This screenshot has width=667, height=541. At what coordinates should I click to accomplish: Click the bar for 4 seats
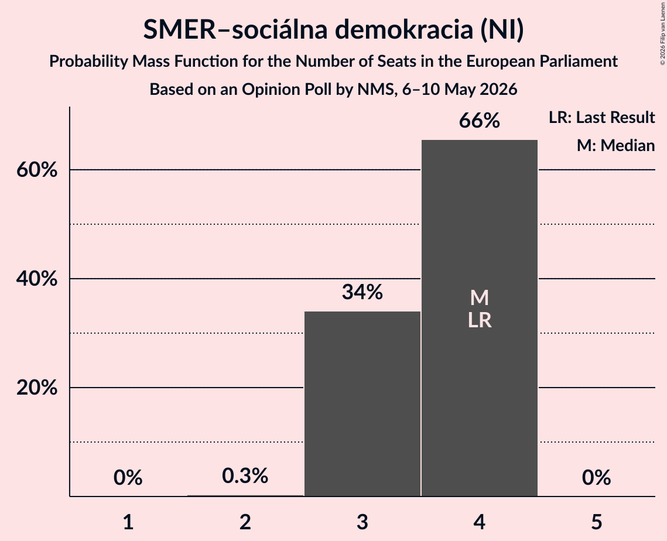tap(480, 318)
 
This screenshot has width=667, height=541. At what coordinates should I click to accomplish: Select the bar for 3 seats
tap(362, 403)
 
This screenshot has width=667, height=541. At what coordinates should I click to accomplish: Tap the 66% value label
tap(480, 121)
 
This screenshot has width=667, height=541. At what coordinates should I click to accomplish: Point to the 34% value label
tap(362, 292)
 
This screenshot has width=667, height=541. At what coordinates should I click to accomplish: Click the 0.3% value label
tap(245, 475)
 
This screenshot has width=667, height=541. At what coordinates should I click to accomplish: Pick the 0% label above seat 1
tap(128, 478)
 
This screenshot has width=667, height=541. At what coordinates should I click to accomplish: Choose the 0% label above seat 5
tap(596, 478)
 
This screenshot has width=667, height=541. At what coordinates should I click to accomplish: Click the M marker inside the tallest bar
tap(480, 297)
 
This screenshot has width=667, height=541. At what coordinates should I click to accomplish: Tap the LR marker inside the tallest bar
tap(480, 320)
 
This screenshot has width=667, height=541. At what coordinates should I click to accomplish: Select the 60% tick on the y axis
tap(37, 170)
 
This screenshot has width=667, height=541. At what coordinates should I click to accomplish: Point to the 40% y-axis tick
tap(37, 279)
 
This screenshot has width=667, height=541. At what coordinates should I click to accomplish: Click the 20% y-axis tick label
tap(37, 388)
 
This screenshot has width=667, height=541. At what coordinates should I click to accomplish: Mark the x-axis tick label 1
tap(128, 522)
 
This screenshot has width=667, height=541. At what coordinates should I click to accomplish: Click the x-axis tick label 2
tap(245, 522)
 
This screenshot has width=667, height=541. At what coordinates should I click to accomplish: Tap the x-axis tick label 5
tap(596, 522)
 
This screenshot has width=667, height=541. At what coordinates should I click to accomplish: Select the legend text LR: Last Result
tap(602, 117)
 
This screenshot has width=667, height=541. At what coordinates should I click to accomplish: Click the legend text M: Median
tap(616, 145)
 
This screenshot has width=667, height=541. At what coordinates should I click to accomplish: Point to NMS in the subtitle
tap(375, 90)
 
